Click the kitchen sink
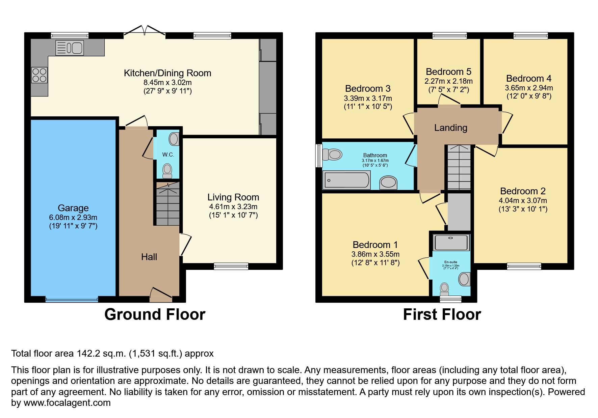point(70,48)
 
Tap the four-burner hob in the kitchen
point(39,75)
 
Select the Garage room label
point(73,208)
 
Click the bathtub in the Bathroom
point(346,180)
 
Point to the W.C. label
point(168,155)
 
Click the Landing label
point(450,128)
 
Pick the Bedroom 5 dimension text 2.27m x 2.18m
point(448,81)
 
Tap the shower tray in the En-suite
point(451,243)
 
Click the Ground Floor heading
point(155,314)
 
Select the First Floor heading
point(442,314)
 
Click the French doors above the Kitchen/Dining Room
point(145,31)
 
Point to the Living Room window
point(231,267)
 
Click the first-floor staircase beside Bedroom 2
point(459,168)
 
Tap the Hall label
point(149,257)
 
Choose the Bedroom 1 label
point(375,245)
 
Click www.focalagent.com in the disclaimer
point(67,403)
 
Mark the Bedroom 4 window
point(530,35)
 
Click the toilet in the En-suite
point(444,289)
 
